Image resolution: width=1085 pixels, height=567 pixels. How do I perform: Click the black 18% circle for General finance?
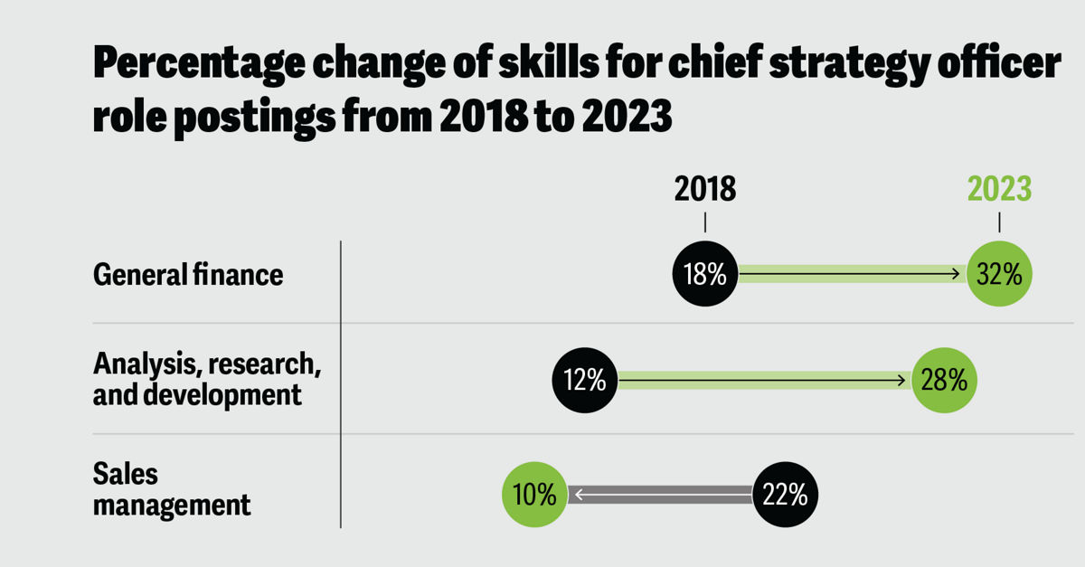coord(705,274)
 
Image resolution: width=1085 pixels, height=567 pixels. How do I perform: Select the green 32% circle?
coord(999,274)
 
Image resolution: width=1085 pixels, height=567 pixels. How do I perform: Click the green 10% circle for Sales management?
coord(534,495)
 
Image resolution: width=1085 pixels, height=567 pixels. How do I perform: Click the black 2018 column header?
coord(705,189)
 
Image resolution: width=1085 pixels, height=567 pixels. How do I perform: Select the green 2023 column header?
coord(999,189)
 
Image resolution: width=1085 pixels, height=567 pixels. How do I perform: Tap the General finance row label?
coord(188,274)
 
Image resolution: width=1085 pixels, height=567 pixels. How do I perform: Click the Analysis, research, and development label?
coord(207,380)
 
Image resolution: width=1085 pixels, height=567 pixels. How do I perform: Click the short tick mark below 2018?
coord(705,222)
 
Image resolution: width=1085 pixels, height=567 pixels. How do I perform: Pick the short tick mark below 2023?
coord(999,222)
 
